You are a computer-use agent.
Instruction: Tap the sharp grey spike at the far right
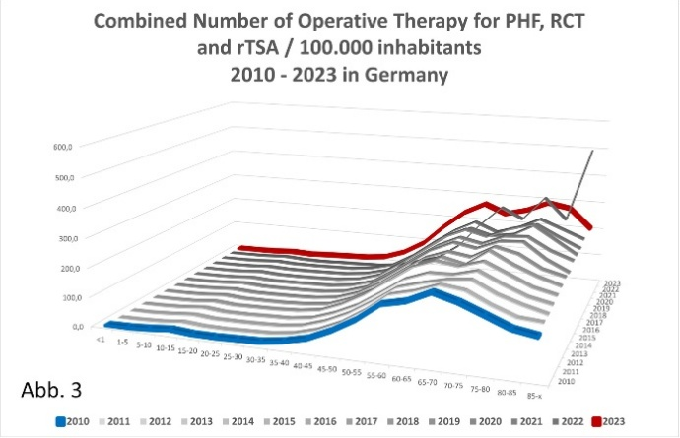point(593,151)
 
